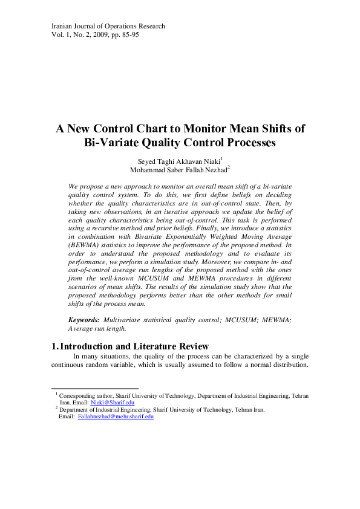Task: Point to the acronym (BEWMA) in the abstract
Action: (x=87, y=247)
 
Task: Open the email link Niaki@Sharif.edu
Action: (x=113, y=402)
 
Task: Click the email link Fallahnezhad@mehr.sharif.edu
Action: (x=116, y=416)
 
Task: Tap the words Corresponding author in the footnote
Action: (x=82, y=395)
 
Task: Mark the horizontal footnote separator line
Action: (x=95, y=389)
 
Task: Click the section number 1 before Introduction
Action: (x=54, y=346)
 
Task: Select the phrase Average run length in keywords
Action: (x=97, y=328)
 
